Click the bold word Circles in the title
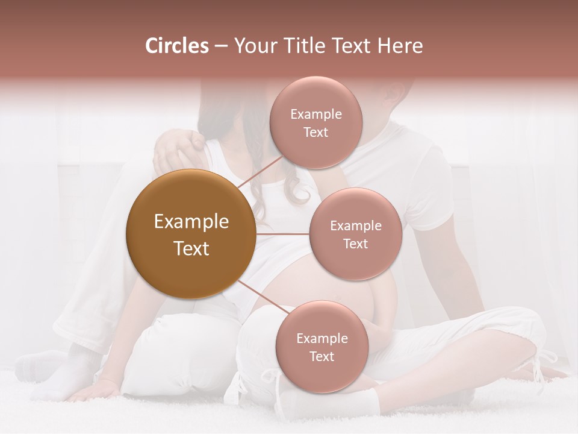[176, 46]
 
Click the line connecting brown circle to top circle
[259, 174]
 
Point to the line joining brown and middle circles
[282, 234]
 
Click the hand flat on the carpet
[90, 392]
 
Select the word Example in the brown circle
[191, 222]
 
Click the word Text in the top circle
[315, 133]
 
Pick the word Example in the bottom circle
[322, 339]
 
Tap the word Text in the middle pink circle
[355, 244]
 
